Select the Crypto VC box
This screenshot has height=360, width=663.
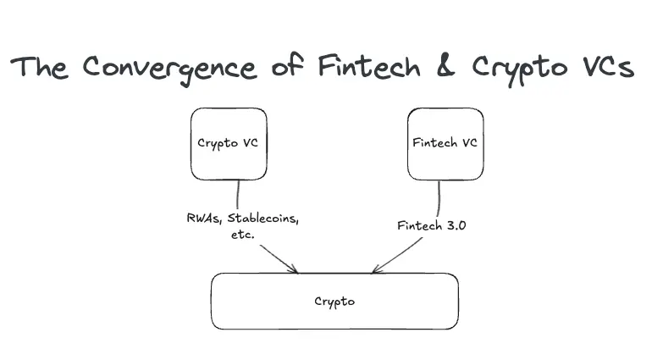click(228, 143)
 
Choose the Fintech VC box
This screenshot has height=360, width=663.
click(445, 143)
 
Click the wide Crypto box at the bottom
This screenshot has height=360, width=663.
click(334, 301)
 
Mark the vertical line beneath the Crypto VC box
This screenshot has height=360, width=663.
click(238, 195)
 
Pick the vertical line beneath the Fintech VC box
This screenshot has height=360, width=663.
click(439, 198)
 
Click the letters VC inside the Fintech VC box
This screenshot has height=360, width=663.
click(468, 142)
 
